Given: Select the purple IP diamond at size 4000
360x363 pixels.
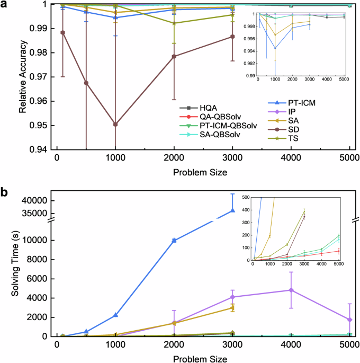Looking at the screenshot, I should coord(291,290).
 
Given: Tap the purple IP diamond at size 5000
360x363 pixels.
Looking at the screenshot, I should coord(349,320).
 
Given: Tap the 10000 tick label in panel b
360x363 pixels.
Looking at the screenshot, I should coord(37,241).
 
